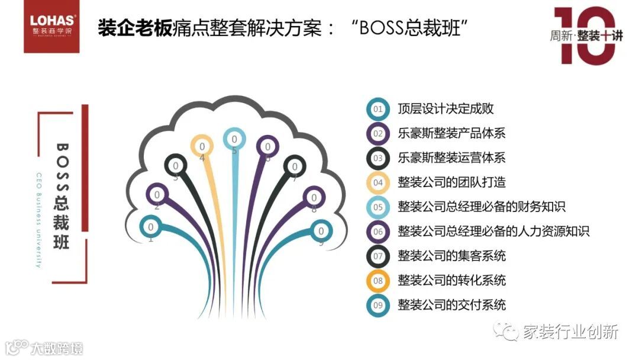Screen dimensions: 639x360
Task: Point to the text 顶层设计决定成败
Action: (446, 109)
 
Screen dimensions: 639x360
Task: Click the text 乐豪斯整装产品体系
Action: (451, 133)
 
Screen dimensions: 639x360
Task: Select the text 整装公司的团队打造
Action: (451, 182)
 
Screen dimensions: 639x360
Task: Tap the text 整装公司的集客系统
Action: (451, 256)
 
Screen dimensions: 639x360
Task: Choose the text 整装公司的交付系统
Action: (451, 306)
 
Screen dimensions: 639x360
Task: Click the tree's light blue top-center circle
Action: (234, 139)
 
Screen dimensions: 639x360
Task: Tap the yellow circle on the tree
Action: (202, 146)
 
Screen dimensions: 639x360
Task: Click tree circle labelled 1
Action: (151, 226)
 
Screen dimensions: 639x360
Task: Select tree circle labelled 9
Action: (321, 231)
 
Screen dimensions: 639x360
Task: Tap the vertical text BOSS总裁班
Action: (63, 195)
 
